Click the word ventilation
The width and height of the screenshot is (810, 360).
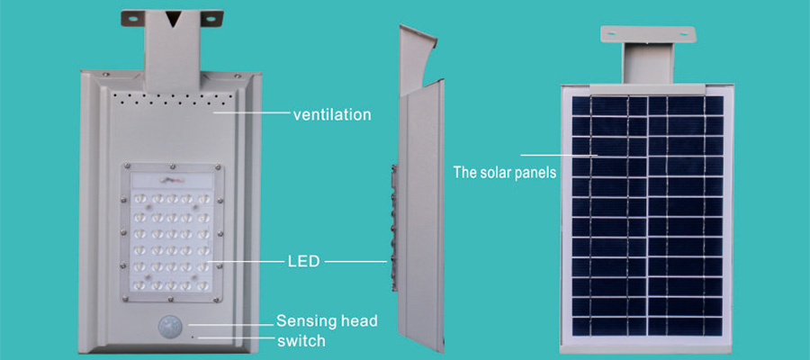[x=331, y=114]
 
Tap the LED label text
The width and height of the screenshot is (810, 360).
[x=303, y=262]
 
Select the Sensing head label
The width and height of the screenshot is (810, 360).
[x=327, y=320]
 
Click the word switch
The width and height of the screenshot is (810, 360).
[x=301, y=341]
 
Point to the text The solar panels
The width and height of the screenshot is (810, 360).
[x=505, y=172]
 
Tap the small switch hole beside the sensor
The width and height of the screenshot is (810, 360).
[x=193, y=337]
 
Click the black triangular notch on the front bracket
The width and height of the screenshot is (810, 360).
[x=174, y=19]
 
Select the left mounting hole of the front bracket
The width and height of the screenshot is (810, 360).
[x=133, y=19]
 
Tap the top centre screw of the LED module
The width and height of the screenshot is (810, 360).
[x=172, y=166]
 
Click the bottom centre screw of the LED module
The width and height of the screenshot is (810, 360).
[x=172, y=299]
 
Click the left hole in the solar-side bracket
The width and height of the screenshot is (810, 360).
[x=613, y=33]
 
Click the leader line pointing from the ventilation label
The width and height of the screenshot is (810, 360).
[x=252, y=112]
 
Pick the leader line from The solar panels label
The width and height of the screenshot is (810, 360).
[x=560, y=155]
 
